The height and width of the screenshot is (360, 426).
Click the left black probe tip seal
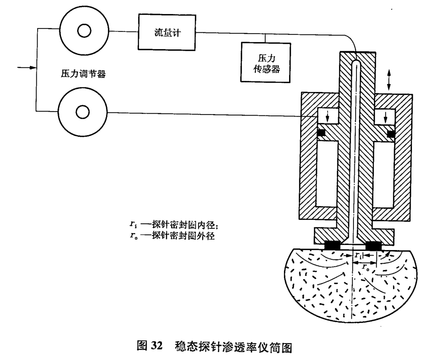point(332,246)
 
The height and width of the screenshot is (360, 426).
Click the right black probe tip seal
point(374,246)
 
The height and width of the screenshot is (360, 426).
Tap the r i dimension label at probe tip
point(359,255)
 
